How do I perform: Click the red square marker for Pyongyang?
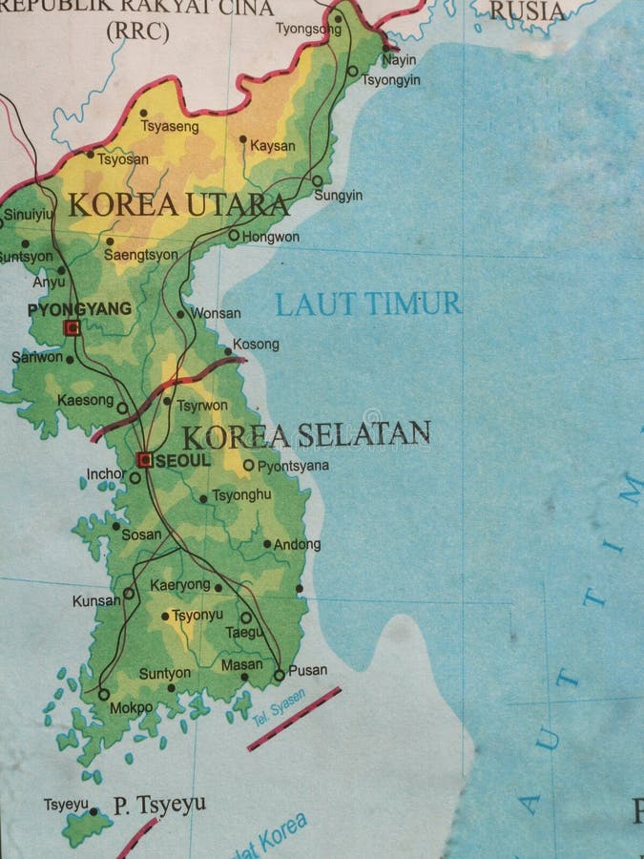coord(72,327)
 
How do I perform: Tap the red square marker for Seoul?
coord(144,460)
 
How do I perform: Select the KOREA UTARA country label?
coord(178,204)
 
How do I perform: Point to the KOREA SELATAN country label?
coord(305,435)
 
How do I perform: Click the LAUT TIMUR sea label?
coord(368,304)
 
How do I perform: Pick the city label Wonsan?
coord(216,313)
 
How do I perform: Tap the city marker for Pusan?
coord(279,675)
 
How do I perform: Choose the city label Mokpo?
coord(132,707)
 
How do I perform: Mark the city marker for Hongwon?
coord(234,235)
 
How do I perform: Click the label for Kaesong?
coord(85,400)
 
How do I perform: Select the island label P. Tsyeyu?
coord(159,805)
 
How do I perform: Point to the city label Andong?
coord(297,545)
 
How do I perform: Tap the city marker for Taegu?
coord(245,618)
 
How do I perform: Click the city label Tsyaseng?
coord(170,126)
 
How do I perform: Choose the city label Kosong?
coord(256,344)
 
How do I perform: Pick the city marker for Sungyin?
coord(318,180)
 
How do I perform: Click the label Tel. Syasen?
coord(280,707)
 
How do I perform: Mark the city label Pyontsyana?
coord(293,466)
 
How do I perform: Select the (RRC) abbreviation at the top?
coord(137,31)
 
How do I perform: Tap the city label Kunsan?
coord(96,601)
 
